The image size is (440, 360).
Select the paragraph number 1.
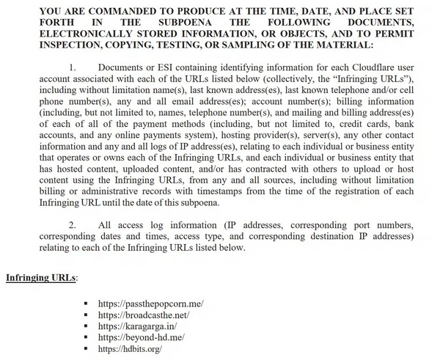tap(73, 67)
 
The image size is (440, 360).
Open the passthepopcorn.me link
tap(150, 303)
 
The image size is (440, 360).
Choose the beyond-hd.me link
tap(139, 337)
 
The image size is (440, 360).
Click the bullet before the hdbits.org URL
tap(86, 349)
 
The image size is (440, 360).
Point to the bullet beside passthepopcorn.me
tap(86, 303)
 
